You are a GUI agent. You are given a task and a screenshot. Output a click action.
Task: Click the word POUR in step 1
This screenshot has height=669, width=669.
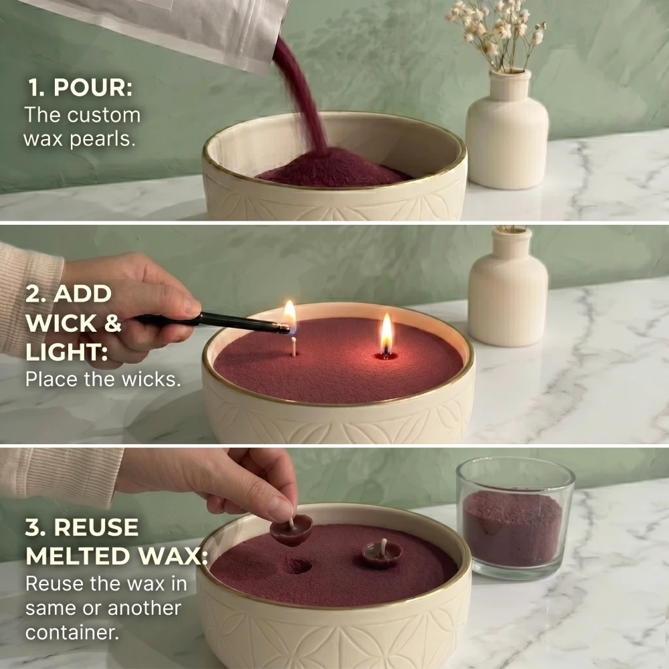102,88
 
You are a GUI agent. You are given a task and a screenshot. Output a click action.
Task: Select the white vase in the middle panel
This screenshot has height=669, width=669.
507,294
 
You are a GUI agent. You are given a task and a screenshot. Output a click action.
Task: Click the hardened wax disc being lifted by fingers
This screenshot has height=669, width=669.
292,531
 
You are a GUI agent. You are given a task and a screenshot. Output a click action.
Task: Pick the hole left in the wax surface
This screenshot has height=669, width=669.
298,566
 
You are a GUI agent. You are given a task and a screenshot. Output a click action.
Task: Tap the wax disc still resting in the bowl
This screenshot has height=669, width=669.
382,554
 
